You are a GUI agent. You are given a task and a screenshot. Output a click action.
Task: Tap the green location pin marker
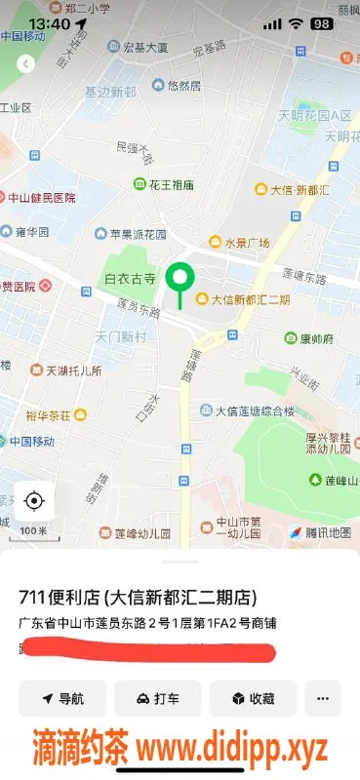pyautogui.click(x=179, y=279)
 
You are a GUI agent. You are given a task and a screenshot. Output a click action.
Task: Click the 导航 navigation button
pyautogui.click(x=62, y=698)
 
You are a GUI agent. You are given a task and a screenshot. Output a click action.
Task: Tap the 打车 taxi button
pyautogui.click(x=157, y=698)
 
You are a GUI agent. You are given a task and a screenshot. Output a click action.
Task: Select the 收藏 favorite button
pyautogui.click(x=253, y=698)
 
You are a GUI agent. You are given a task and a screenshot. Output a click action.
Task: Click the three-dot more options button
pyautogui.click(x=323, y=698)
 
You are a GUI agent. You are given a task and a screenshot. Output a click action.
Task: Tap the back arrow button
pyautogui.click(x=26, y=63)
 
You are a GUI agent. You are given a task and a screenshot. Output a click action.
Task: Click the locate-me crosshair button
pyautogui.click(x=34, y=501)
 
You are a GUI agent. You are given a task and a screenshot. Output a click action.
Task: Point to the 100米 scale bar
pyautogui.click(x=34, y=530)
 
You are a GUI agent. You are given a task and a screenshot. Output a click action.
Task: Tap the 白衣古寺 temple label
pyautogui.click(x=130, y=279)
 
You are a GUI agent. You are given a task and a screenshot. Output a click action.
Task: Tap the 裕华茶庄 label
pyautogui.click(x=50, y=414)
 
